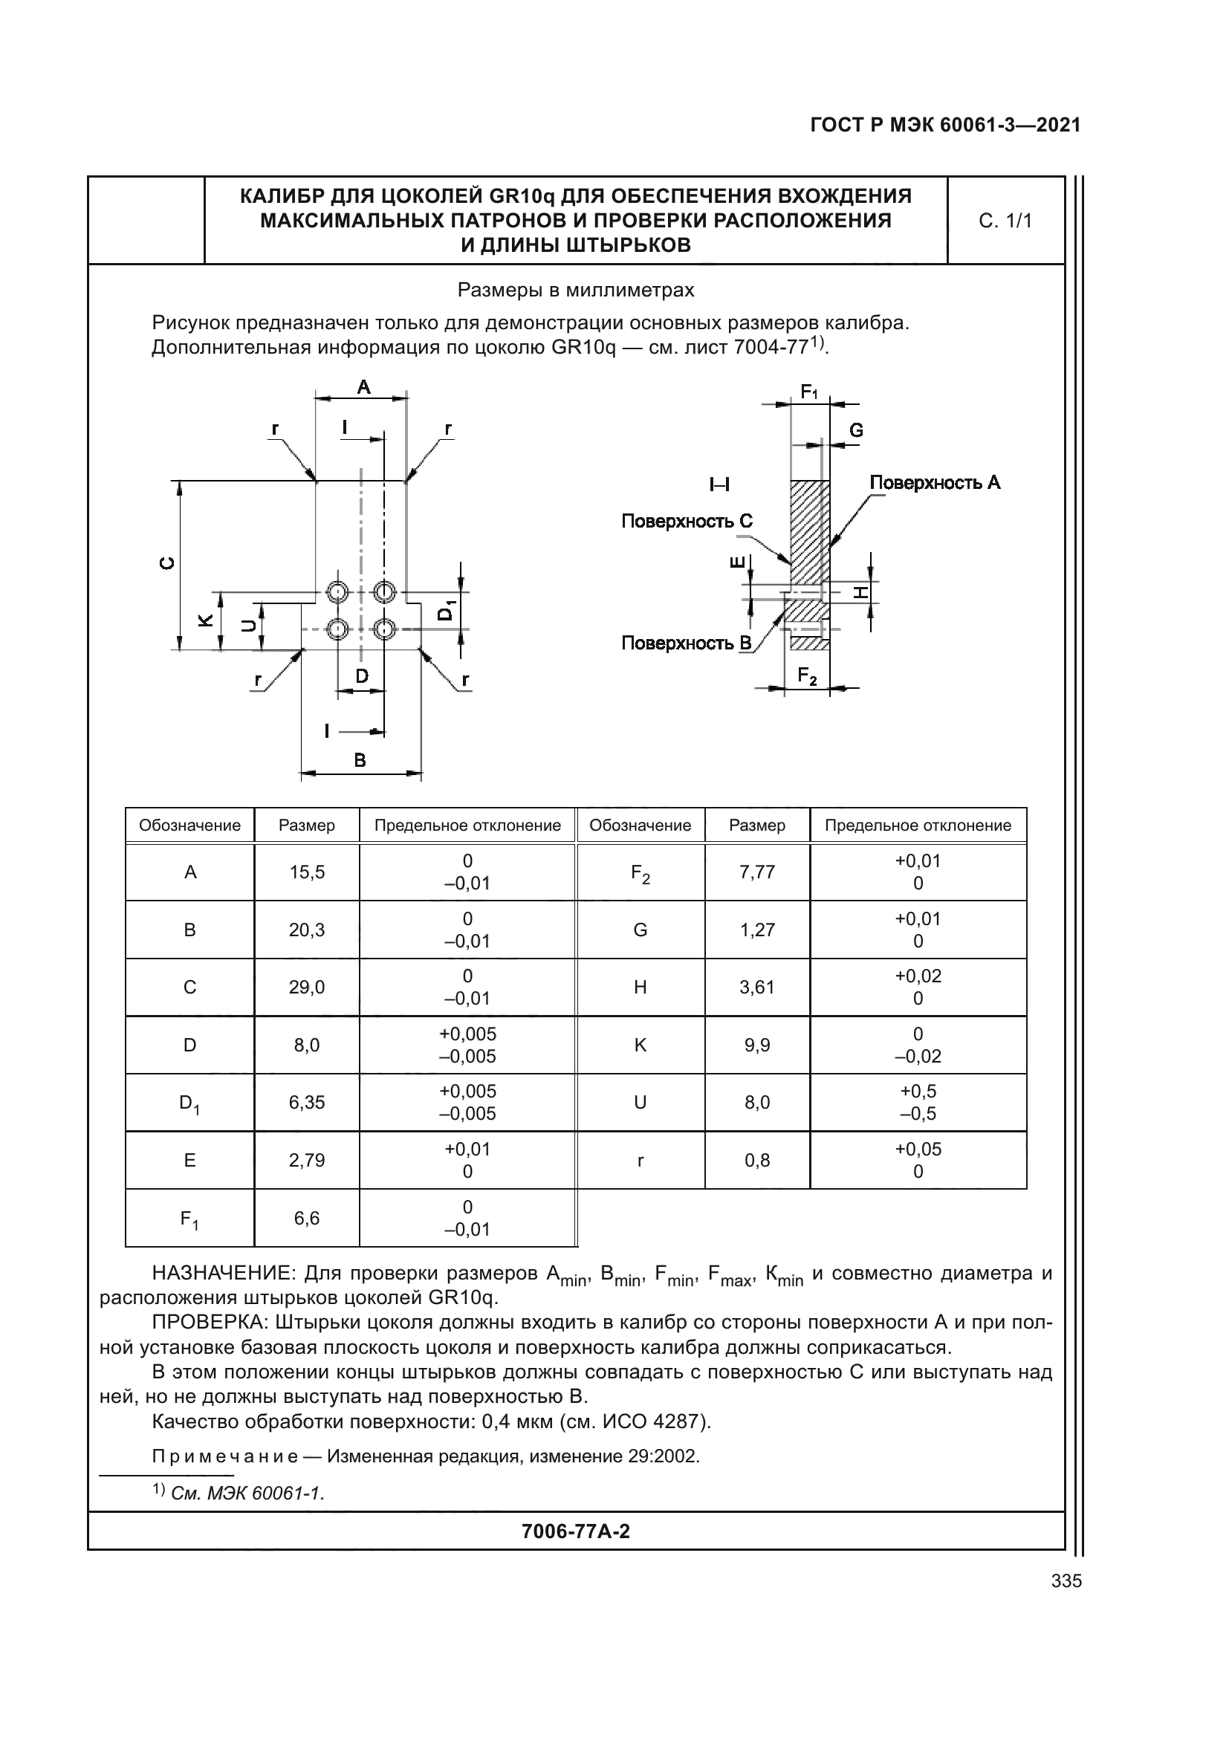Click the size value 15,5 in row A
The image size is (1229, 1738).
point(306,872)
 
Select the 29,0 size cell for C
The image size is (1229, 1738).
point(306,987)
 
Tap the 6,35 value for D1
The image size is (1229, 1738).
point(306,1102)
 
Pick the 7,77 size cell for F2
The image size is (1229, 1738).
point(756,872)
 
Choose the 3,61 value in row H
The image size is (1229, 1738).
point(756,987)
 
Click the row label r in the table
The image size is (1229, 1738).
point(641,1161)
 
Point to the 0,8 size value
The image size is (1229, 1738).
point(756,1161)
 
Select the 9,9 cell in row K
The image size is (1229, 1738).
point(756,1045)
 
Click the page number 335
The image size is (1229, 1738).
point(1066,1580)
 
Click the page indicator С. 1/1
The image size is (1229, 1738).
point(1005,221)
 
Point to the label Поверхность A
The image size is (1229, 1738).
point(935,483)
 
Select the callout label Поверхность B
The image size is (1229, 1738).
point(687,643)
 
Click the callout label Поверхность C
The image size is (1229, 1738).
point(687,522)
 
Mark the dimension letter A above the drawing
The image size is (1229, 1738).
point(363,388)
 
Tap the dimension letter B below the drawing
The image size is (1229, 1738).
point(360,760)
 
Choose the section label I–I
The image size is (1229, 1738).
point(719,484)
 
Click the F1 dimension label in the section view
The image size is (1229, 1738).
point(809,392)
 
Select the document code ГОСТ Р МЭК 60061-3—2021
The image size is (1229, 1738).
point(945,126)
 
